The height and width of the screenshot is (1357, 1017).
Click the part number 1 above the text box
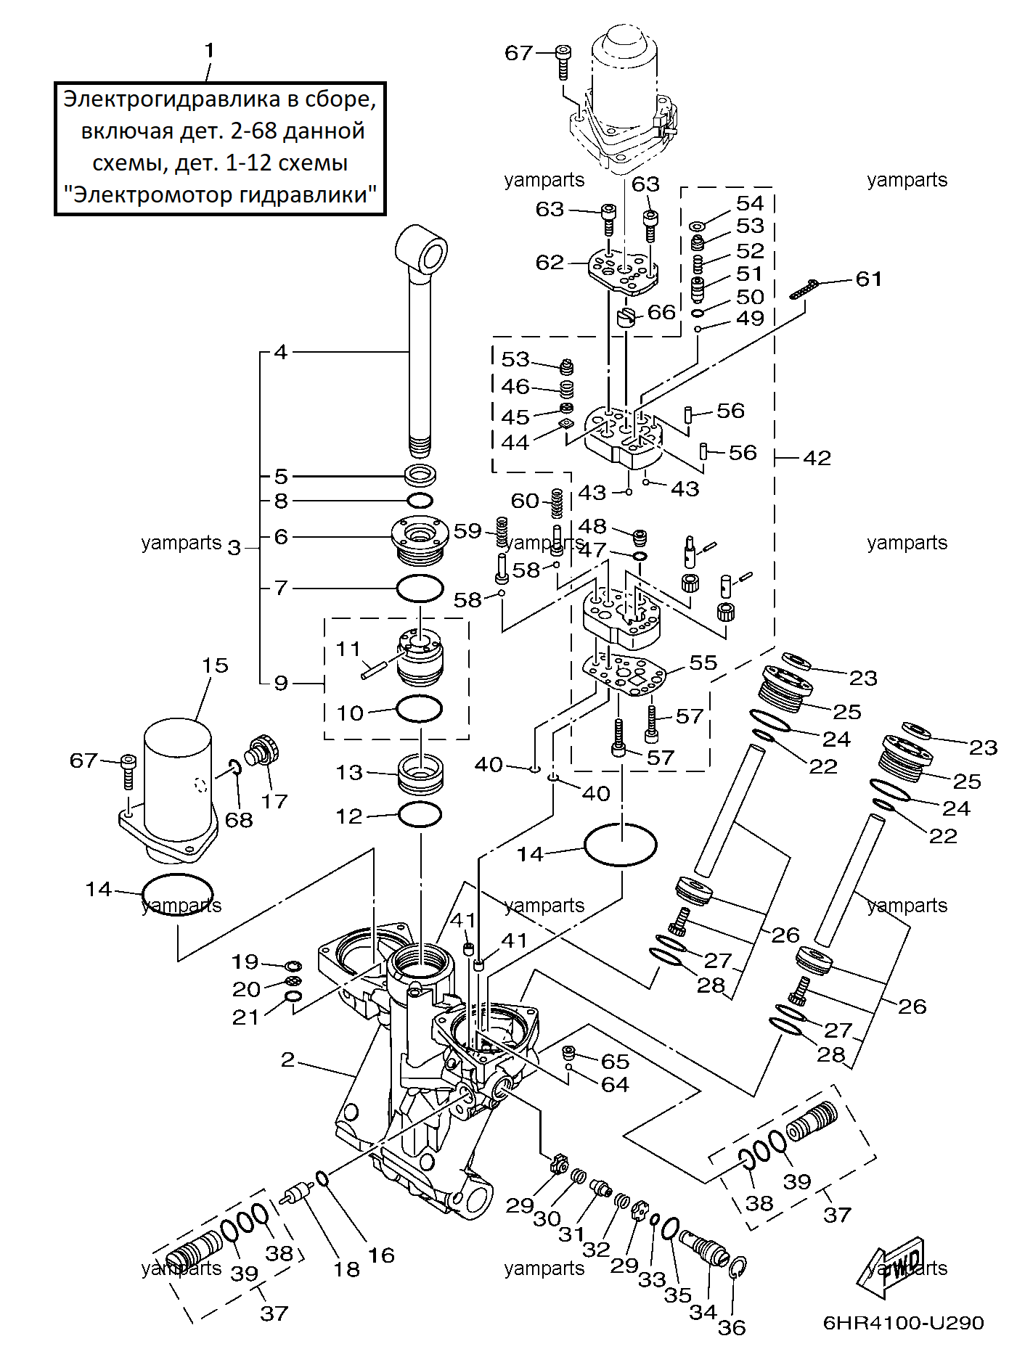(x=210, y=51)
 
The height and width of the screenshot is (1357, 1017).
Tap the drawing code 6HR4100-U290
(x=903, y=1322)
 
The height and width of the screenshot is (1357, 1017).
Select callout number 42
(x=817, y=458)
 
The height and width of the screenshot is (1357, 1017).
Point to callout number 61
(x=869, y=279)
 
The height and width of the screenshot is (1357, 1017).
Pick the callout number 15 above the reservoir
(x=215, y=665)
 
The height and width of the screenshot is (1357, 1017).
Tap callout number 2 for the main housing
(x=288, y=1059)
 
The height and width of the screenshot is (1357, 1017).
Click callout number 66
(x=661, y=312)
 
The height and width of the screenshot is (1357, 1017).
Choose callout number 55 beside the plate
(x=703, y=663)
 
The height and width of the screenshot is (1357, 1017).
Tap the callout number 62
(x=550, y=262)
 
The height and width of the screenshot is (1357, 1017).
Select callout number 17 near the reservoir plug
(x=274, y=801)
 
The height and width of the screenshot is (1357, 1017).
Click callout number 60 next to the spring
(x=525, y=501)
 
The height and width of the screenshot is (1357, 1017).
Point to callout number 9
(x=281, y=683)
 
